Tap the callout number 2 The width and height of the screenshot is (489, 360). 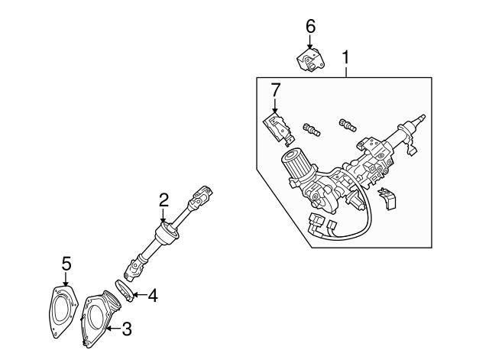coord(164,200)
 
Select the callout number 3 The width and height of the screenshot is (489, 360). coord(127,329)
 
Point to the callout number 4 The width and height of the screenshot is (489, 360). coord(153,294)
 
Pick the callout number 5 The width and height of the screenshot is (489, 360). coord(66,264)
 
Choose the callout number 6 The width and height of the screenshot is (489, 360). coord(310,26)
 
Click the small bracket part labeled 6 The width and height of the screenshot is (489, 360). coord(310,59)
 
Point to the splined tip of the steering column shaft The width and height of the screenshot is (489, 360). coord(419,121)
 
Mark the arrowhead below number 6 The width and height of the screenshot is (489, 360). coord(310,46)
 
